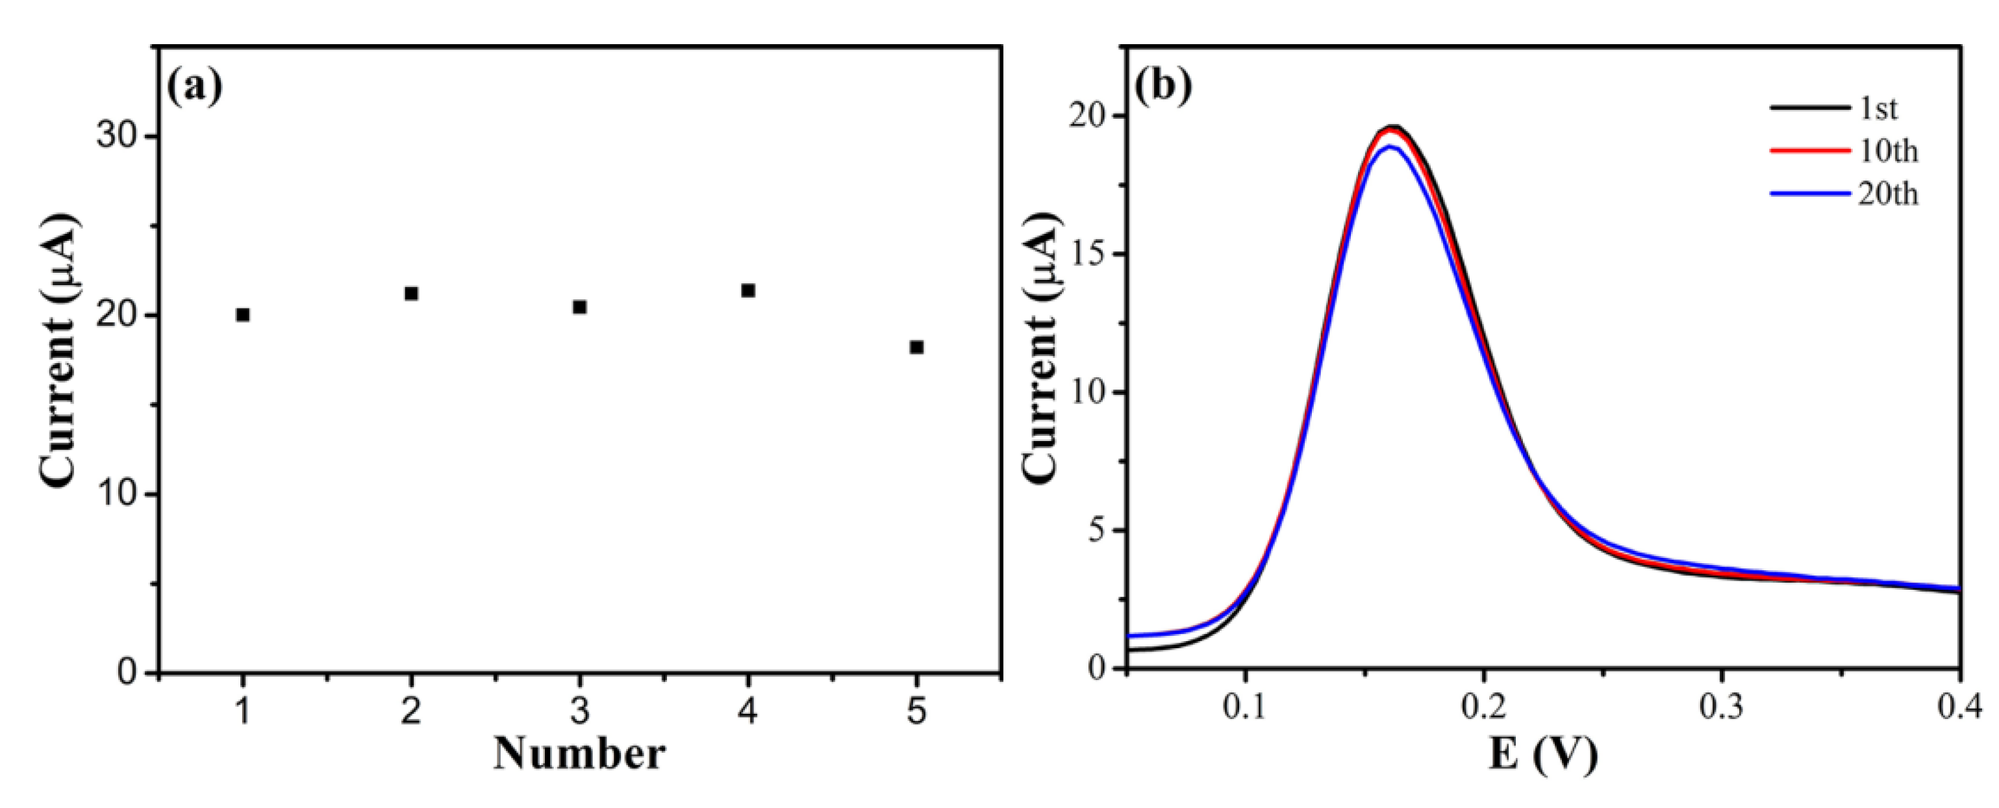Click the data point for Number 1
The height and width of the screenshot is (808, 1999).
point(243,314)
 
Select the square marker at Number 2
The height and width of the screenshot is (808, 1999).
point(411,294)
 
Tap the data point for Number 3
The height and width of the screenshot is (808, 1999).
point(580,307)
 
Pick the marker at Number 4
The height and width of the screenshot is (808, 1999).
point(748,290)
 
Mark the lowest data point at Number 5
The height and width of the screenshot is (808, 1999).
point(916,347)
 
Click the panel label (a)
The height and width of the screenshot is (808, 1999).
point(195,87)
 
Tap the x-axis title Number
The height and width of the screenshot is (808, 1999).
point(580,753)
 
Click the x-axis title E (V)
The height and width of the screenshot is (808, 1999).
point(1542,753)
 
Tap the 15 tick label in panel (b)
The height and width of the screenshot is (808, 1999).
point(1090,254)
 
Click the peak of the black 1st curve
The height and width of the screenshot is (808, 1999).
point(1394,127)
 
